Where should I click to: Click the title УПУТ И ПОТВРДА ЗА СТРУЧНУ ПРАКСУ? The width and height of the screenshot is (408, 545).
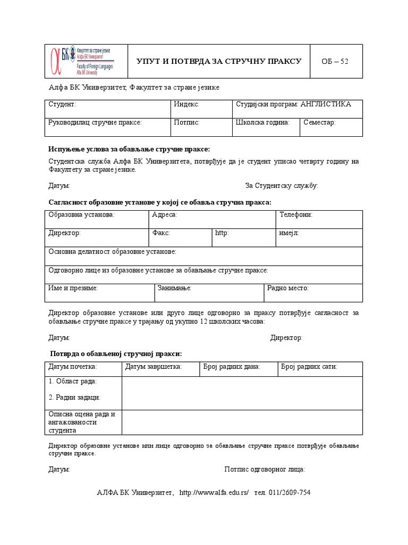pos(219,61)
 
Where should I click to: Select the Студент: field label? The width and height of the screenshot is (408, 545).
pos(62,104)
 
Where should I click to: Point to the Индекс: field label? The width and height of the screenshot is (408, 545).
pos(186,104)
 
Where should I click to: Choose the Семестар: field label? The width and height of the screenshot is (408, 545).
pos(319,122)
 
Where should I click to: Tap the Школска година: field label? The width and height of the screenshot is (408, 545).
pos(262,122)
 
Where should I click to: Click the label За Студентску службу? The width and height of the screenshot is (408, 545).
pos(282,186)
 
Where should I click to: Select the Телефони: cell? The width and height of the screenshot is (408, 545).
pos(295,215)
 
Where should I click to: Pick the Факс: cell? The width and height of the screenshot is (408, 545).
pos(161,233)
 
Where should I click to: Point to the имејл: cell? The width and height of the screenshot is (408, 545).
pos(288,233)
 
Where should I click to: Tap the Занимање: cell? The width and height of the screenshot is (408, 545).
pos(174,288)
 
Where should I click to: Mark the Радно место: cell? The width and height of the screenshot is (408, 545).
pos(287,288)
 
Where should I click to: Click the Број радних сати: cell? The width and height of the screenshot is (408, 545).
pos(309,367)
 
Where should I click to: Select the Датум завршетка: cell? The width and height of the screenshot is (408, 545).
pos(154,367)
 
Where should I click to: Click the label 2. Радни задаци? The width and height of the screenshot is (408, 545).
pos(74,398)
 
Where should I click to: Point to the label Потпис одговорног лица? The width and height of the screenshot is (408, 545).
pos(265,469)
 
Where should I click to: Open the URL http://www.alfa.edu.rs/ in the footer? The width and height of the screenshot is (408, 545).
pos(215,493)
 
